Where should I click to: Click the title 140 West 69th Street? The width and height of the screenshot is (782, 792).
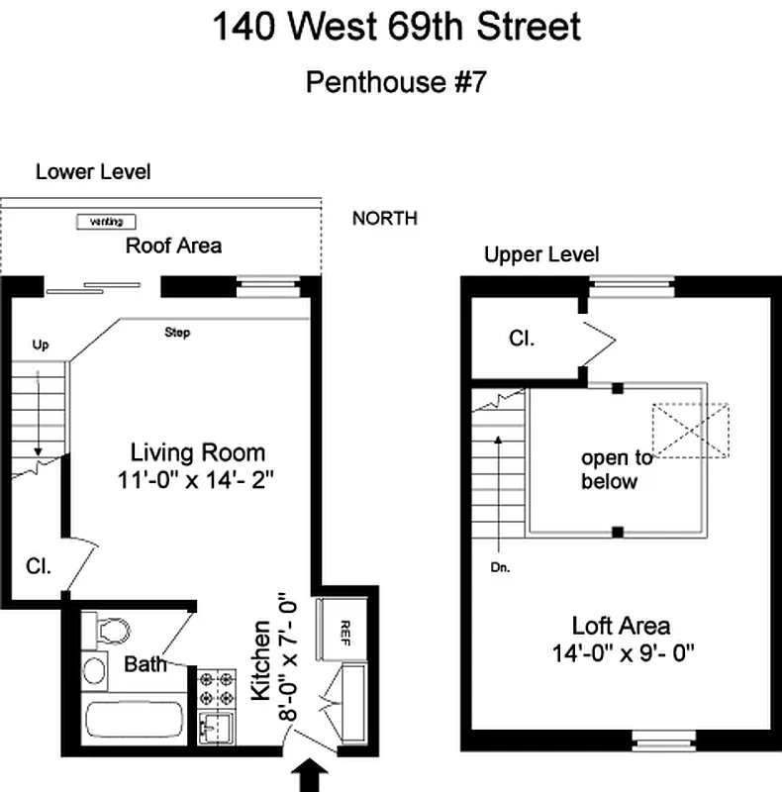point(396,28)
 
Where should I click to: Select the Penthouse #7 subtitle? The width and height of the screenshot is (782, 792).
point(396,81)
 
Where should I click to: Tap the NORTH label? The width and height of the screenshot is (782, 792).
point(385,219)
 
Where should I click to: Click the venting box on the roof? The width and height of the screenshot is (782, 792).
point(106,222)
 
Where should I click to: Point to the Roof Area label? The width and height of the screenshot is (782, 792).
point(173,246)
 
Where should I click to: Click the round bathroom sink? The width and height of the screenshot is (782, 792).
point(95,670)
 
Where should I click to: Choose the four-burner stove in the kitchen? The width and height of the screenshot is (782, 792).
point(217,685)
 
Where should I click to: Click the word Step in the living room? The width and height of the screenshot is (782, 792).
point(177,333)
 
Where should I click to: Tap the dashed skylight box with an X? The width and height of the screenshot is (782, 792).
point(690,431)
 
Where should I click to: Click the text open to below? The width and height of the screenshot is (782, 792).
point(616,469)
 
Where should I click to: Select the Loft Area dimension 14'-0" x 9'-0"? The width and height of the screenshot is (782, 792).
point(621,652)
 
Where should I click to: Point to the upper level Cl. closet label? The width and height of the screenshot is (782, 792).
point(522,339)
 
